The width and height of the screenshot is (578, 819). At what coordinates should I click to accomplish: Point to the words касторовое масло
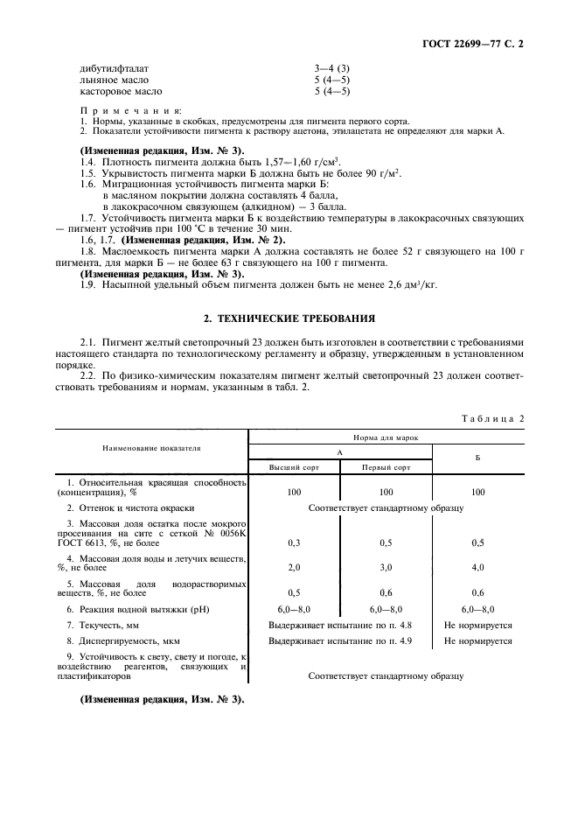click(x=121, y=90)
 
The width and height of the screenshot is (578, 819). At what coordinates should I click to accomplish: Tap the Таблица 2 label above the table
click(x=492, y=418)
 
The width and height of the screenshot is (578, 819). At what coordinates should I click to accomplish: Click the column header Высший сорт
click(x=295, y=467)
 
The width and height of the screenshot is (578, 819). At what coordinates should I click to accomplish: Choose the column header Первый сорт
click(x=386, y=467)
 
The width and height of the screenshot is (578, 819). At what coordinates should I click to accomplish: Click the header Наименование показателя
click(x=151, y=447)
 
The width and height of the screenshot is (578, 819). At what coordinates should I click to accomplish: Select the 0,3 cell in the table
click(x=295, y=542)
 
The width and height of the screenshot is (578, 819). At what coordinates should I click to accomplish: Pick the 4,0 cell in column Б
click(x=477, y=567)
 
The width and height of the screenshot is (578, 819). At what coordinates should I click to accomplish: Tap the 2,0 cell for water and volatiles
click(x=295, y=567)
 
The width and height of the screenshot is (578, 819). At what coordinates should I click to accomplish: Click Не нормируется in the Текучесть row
click(x=477, y=626)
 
